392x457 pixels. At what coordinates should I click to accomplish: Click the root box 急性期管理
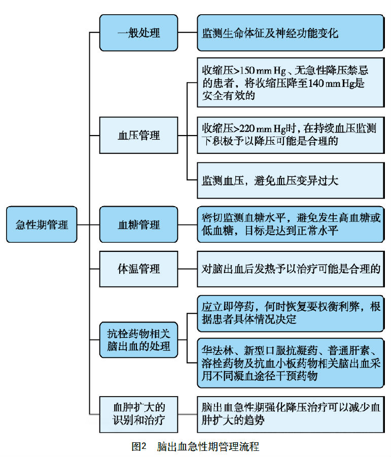coord(42,224)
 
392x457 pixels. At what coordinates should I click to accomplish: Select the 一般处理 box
coord(138,33)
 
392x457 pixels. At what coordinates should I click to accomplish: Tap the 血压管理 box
coord(138,135)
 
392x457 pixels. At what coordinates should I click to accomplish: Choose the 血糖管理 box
coord(138,224)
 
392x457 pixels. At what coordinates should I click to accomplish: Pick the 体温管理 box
coord(138,268)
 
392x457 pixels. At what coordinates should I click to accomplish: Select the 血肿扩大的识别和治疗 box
coord(138,413)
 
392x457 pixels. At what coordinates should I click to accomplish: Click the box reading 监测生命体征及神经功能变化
coord(290,33)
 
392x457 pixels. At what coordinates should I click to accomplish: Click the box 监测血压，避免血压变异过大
coord(290,181)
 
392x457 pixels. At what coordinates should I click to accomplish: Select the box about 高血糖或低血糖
coord(290,224)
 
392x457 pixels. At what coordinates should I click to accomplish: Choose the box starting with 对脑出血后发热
coord(290,268)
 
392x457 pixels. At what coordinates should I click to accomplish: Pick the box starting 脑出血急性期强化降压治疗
coord(290,413)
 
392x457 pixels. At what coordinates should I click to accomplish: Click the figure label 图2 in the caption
coord(138,447)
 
